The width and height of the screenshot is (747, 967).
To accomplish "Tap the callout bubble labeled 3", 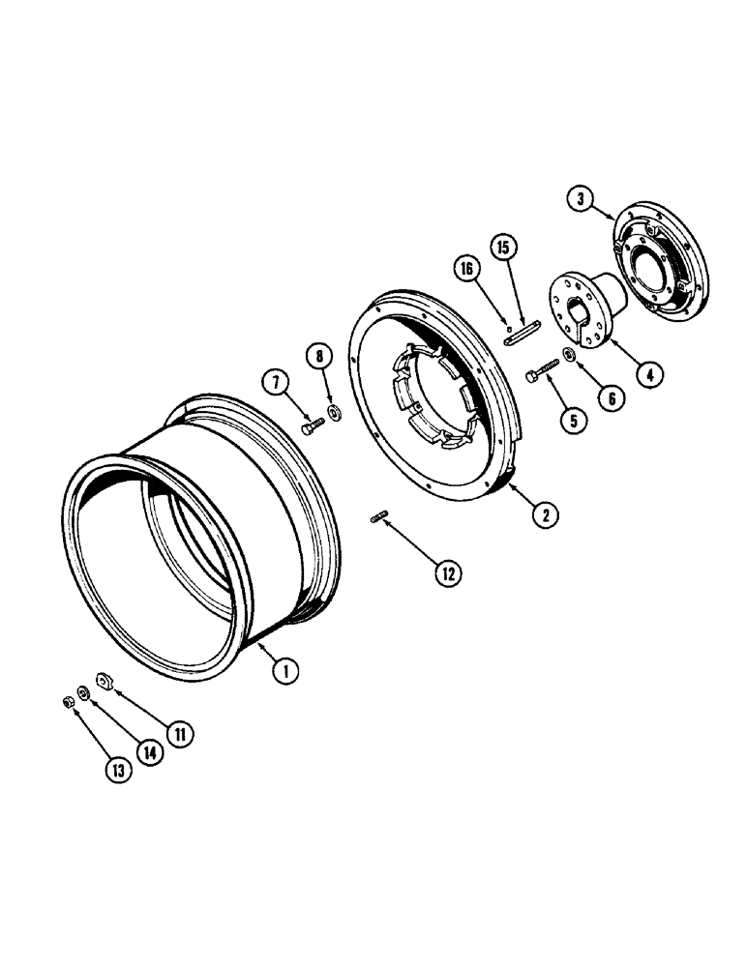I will [x=581, y=200].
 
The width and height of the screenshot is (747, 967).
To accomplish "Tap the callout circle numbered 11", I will [x=177, y=735].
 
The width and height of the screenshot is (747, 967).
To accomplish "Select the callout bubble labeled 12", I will [x=447, y=572].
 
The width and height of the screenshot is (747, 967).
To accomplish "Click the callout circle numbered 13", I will [x=117, y=770].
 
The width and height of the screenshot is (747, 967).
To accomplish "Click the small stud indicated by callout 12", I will [x=377, y=521].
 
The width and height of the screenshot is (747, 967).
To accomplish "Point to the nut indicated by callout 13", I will [x=68, y=700].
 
